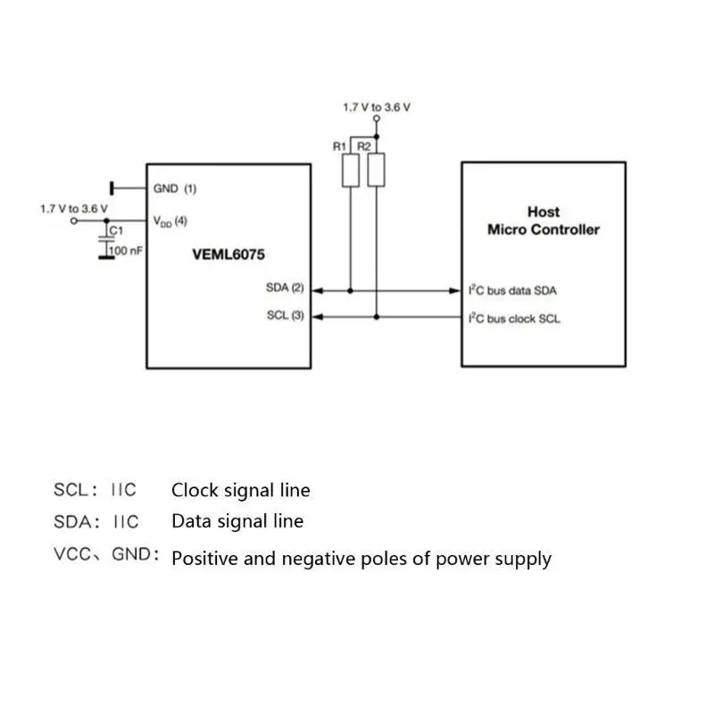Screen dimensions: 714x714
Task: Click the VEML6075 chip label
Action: pyautogui.click(x=228, y=253)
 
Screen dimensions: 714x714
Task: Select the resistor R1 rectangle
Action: pyautogui.click(x=350, y=170)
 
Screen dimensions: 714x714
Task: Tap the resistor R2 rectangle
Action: pyautogui.click(x=377, y=170)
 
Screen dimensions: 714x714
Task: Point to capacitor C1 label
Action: pyautogui.click(x=114, y=230)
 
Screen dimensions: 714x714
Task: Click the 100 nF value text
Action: pyautogui.click(x=126, y=252)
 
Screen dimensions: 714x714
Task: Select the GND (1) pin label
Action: pyautogui.click(x=175, y=188)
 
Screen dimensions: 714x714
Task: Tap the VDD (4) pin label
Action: pyautogui.click(x=170, y=220)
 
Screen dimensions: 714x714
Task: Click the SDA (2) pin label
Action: pyautogui.click(x=285, y=288)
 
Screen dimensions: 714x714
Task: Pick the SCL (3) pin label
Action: pyautogui.click(x=285, y=316)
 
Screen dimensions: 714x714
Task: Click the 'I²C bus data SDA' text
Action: pyautogui.click(x=513, y=290)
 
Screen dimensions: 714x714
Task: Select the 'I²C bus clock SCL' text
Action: pyautogui.click(x=514, y=318)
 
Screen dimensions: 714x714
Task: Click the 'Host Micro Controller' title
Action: pyautogui.click(x=543, y=220)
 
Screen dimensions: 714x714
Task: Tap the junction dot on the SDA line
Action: pyautogui.click(x=350, y=290)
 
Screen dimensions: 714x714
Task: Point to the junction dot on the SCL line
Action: pyautogui.click(x=377, y=316)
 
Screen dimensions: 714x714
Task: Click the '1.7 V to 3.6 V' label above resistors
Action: pyautogui.click(x=377, y=106)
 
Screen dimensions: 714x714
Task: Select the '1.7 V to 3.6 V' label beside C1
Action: pyautogui.click(x=73, y=207)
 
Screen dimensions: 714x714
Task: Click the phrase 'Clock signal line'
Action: pyautogui.click(x=241, y=490)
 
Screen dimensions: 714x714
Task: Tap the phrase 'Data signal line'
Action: pyautogui.click(x=237, y=521)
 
